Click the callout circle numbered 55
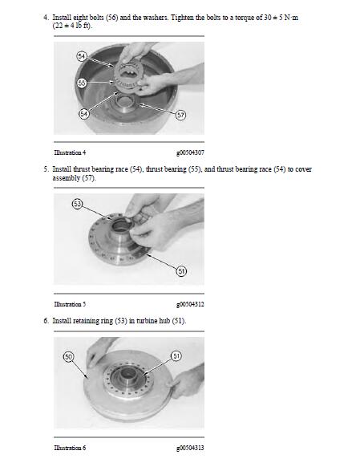pyautogui.click(x=81, y=83)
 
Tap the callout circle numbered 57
pyautogui.click(x=180, y=116)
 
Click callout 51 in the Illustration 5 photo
pyautogui.click(x=181, y=270)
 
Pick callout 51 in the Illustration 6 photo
pyautogui.click(x=176, y=355)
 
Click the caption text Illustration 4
pyautogui.click(x=70, y=152)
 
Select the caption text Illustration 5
pyautogui.click(x=70, y=304)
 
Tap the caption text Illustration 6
pyautogui.click(x=70, y=447)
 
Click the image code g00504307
pyautogui.click(x=189, y=152)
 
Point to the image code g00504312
pyautogui.click(x=189, y=304)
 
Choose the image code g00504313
pyautogui.click(x=189, y=447)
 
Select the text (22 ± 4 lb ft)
pyautogui.click(x=72, y=26)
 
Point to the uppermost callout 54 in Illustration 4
pyautogui.click(x=81, y=55)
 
